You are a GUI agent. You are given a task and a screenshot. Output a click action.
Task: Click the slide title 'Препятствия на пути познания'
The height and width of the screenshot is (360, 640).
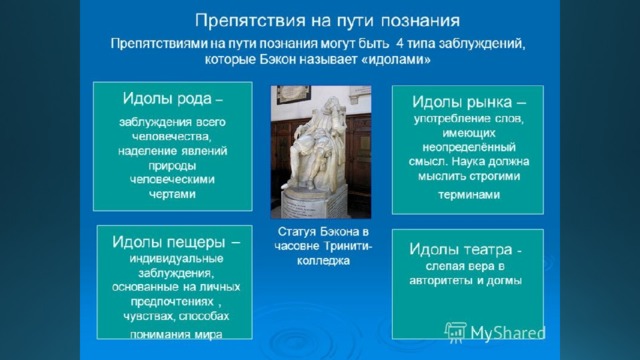click(x=327, y=20)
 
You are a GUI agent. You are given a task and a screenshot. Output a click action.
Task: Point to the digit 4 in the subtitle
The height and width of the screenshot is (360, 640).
click(x=400, y=43)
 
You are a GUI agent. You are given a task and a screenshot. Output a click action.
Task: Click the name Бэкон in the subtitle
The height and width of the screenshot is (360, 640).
click(x=277, y=60)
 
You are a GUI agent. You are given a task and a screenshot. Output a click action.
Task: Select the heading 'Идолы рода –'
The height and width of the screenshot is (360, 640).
click(x=173, y=98)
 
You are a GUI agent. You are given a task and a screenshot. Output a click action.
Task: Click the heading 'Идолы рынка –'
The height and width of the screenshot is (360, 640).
click(x=469, y=102)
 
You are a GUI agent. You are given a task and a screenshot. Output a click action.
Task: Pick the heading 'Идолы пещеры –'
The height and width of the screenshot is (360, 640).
click(x=176, y=242)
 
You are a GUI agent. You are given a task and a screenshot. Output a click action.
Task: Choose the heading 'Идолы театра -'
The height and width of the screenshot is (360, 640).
click(x=466, y=249)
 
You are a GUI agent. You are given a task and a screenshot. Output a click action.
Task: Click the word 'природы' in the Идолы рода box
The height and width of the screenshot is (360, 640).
click(x=172, y=166)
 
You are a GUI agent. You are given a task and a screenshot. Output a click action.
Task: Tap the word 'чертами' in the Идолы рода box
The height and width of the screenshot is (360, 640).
click(x=172, y=194)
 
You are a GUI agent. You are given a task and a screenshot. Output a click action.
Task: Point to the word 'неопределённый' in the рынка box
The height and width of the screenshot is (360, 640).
click(x=469, y=147)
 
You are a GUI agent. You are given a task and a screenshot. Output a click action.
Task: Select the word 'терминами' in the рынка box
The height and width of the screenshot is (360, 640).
click(x=469, y=195)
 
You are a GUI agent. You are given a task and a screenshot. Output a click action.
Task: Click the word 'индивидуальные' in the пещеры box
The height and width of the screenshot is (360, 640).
click(x=176, y=259)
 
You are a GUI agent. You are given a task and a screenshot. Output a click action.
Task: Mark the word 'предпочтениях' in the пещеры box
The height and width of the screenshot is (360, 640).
click(x=172, y=302)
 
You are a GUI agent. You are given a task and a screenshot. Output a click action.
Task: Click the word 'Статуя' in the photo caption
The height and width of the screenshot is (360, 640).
click(x=297, y=232)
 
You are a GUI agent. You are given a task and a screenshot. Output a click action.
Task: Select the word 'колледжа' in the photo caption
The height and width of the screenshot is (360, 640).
click(x=323, y=260)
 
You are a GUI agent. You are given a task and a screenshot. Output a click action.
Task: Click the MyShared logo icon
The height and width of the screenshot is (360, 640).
click(x=456, y=332)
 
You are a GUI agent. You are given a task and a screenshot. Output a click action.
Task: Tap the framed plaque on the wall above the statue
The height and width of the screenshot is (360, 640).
click(x=293, y=94)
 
